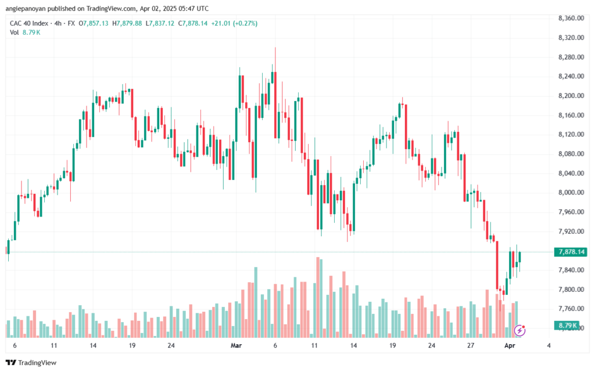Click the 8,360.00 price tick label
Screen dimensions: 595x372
(571, 18)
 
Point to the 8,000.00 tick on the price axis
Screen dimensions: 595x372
(571, 193)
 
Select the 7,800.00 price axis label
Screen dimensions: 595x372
(571, 290)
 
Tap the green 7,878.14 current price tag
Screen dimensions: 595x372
(571, 252)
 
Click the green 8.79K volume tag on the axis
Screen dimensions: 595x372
(567, 326)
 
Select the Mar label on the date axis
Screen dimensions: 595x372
(236, 345)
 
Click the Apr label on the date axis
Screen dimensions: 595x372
(510, 345)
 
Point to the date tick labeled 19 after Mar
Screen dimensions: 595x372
(392, 345)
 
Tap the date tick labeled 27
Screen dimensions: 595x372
(471, 345)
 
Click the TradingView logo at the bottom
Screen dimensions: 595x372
(31, 363)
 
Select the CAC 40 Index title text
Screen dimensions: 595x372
(29, 23)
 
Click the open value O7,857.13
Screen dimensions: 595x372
(94, 23)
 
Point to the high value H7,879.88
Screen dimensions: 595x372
(127, 23)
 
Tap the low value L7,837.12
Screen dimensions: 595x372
(160, 23)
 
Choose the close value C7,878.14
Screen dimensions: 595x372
(193, 23)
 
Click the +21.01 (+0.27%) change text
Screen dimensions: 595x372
(234, 23)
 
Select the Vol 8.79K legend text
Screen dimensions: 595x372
(25, 32)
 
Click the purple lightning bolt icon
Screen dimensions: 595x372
(519, 331)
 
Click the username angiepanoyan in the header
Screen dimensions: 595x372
(24, 8)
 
